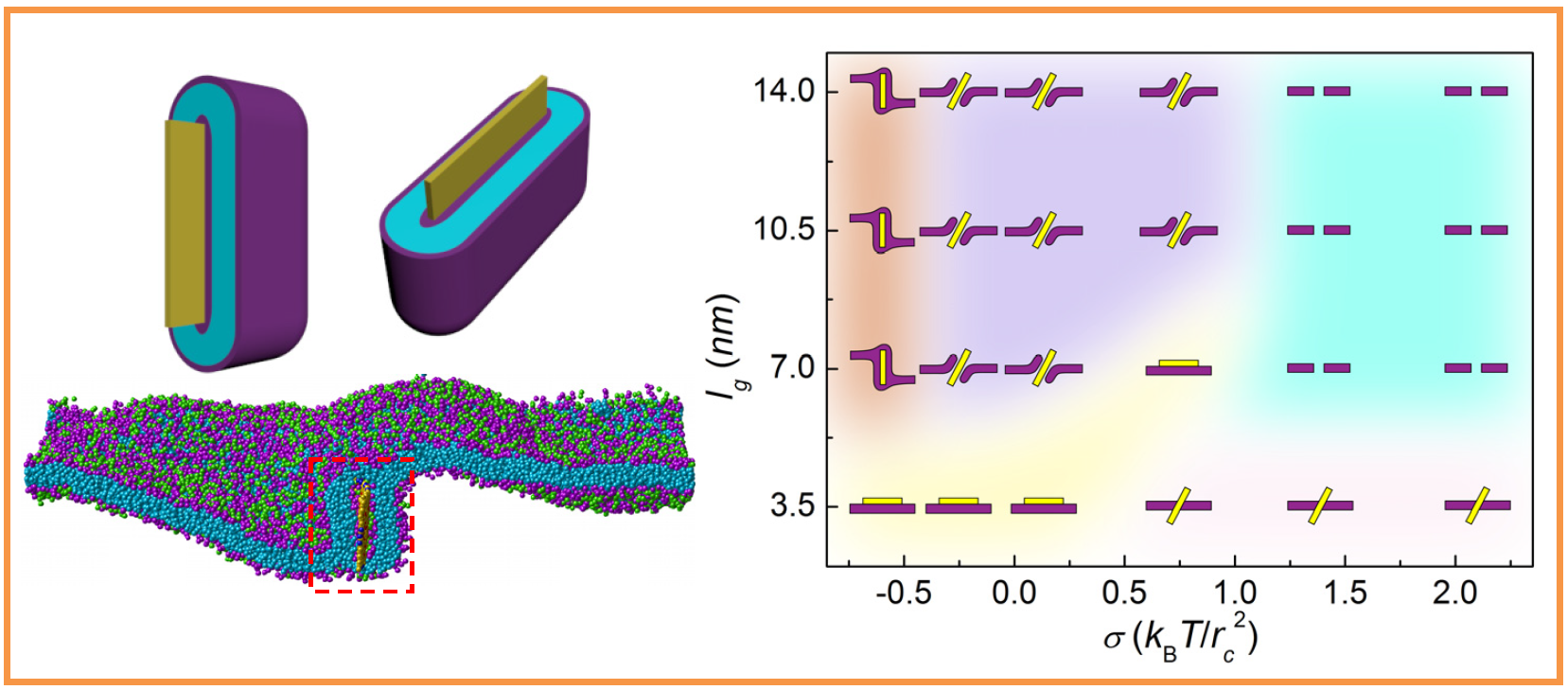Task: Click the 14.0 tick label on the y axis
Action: point(783,91)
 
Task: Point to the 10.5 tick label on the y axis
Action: point(784,230)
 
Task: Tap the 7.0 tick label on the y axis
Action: point(793,367)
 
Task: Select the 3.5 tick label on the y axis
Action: point(793,505)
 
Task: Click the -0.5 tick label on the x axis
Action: point(903,593)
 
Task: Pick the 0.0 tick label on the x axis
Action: point(1014,593)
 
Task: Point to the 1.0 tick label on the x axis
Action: point(1235,593)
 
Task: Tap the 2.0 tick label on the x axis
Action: point(1455,593)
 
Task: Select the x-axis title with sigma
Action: point(1180,637)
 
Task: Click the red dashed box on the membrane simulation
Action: point(362,525)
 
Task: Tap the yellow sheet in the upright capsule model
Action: point(185,223)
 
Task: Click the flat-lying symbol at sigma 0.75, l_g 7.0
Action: point(1178,367)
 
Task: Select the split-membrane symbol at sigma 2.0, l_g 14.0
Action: point(1476,91)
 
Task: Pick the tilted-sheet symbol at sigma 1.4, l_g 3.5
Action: point(1320,505)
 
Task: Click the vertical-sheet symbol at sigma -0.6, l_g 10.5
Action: point(882,231)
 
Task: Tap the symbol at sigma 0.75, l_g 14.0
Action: point(1178,92)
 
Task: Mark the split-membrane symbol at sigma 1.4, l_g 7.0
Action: point(1319,367)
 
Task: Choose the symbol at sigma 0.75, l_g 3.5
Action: point(1178,505)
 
